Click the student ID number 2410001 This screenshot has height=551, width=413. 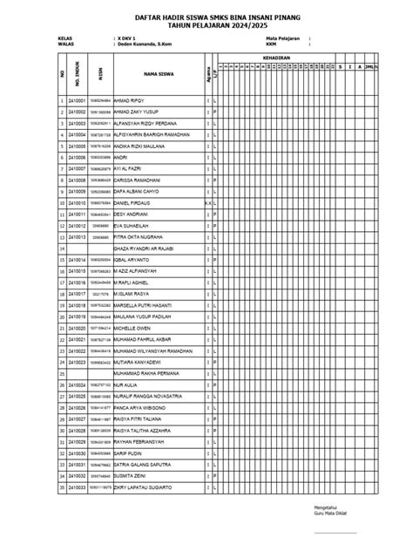pyautogui.click(x=76, y=102)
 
